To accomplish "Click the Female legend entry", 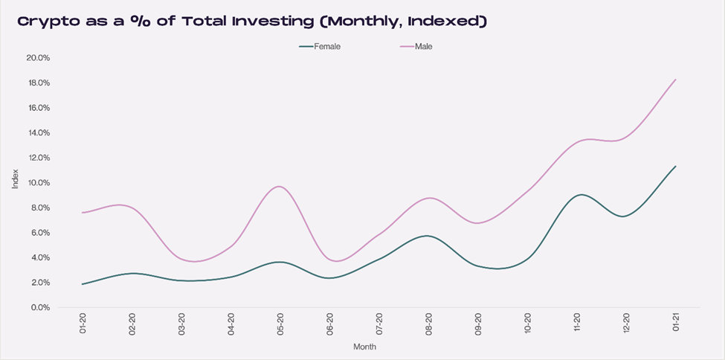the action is tap(320, 46).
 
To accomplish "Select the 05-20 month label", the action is tap(280, 325).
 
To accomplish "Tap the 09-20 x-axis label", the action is tap(478, 325).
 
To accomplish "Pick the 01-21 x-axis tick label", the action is tap(675, 325).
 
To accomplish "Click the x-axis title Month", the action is tap(364, 347).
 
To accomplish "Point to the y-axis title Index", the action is tap(16, 179).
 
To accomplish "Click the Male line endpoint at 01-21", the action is tap(675, 80).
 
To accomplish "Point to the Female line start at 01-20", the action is tap(83, 284).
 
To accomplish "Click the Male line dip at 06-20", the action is tap(335, 261).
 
